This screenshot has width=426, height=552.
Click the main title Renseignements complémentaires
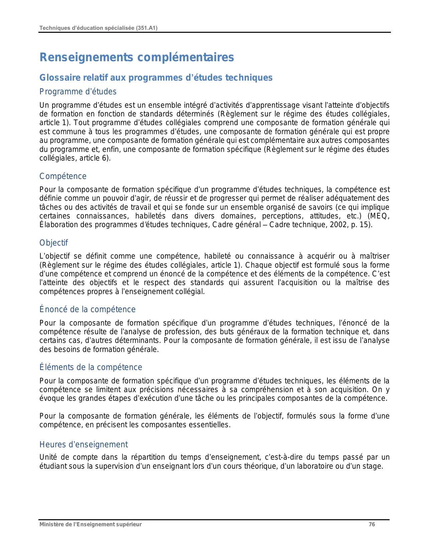(137, 57)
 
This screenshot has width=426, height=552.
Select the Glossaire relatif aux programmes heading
(156, 78)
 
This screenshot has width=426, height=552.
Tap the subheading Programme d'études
(78, 92)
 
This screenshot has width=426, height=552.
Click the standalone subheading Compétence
(63, 176)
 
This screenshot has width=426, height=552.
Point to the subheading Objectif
(53, 243)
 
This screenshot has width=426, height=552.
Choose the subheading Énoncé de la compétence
(88, 309)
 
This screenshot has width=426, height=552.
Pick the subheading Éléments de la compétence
(91, 367)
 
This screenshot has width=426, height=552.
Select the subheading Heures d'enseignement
(84, 445)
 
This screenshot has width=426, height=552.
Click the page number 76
(372, 525)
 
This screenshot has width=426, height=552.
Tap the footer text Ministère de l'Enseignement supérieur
(91, 525)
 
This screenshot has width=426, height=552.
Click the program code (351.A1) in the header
(147, 28)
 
